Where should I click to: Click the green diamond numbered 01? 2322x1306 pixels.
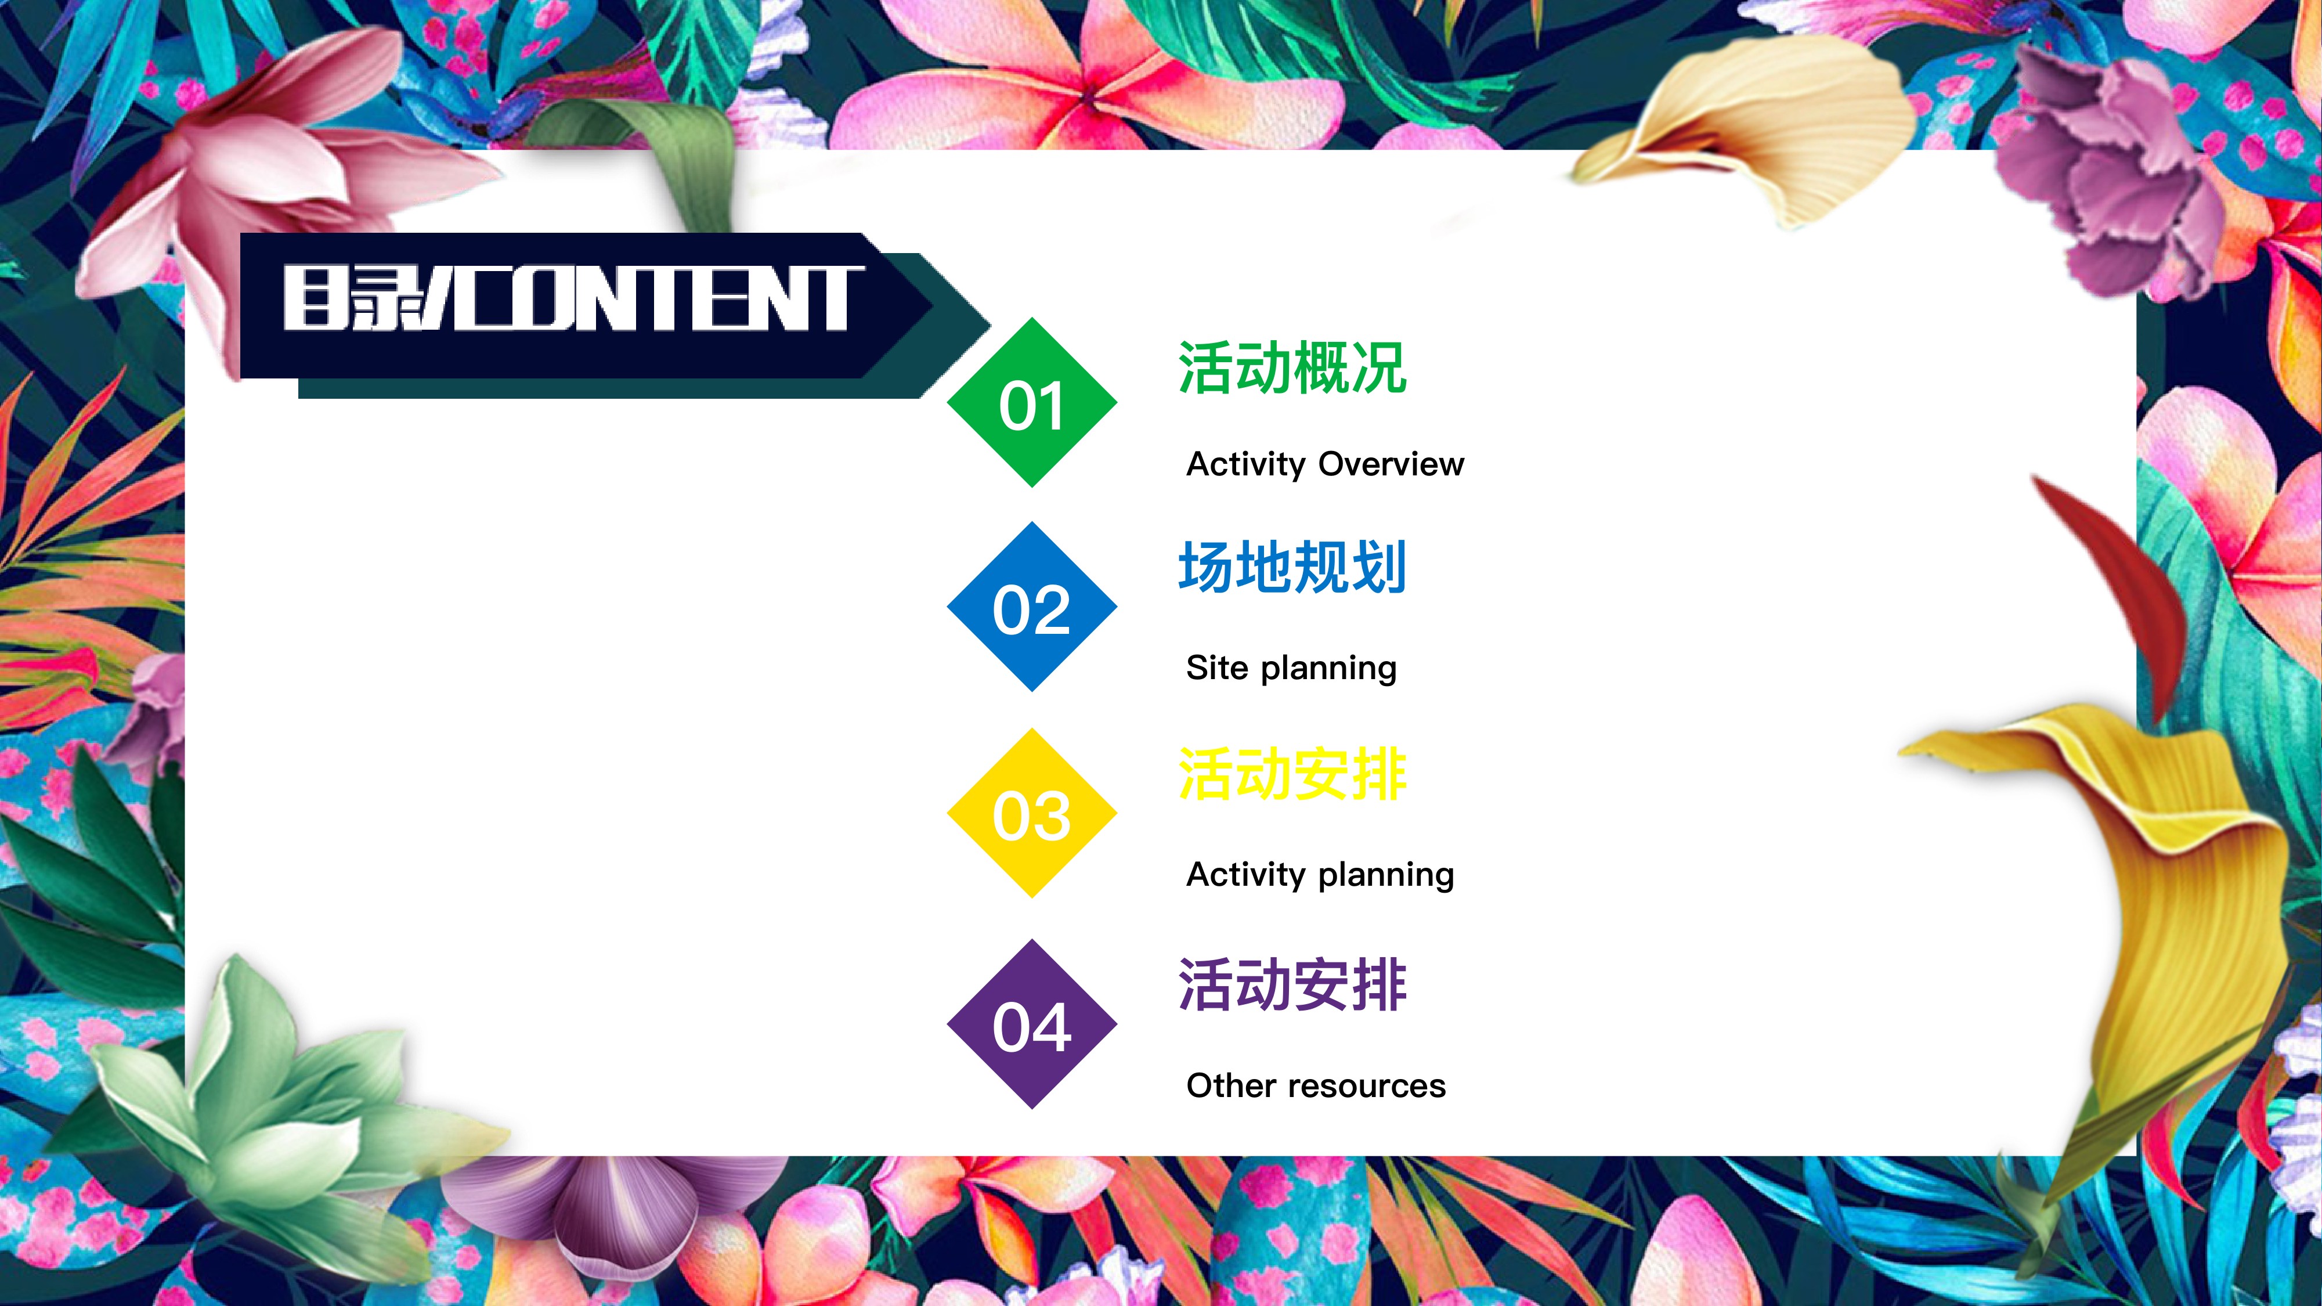pos(1032,402)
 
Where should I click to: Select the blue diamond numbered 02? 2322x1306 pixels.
pos(1032,607)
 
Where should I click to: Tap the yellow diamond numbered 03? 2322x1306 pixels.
pos(1032,813)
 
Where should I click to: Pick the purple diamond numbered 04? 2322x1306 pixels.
pos(1032,1024)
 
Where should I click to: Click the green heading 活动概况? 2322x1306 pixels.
pos(1292,368)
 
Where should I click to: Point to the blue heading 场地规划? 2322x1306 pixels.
pos(1292,567)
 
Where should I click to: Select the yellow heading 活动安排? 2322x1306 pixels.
pos(1292,774)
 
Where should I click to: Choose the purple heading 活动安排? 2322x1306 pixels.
pos(1292,984)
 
